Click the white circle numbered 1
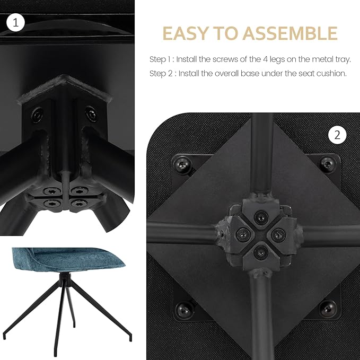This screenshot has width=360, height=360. coord(15,22)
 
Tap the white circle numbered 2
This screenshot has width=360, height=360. coord(337,135)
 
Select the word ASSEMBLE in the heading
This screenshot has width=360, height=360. coord(290,33)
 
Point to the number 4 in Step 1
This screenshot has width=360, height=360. coord(265,59)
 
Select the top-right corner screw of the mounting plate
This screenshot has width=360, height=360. coord(328,164)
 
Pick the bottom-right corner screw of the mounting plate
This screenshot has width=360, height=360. coord(328,308)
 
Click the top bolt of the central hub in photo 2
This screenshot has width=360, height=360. coord(261,216)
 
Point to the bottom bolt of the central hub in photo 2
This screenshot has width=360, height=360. coord(261,252)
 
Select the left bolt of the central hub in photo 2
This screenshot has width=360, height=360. coord(243,234)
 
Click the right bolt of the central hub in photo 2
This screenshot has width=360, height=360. coord(278,235)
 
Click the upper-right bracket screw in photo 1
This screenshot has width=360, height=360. coord(91,113)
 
